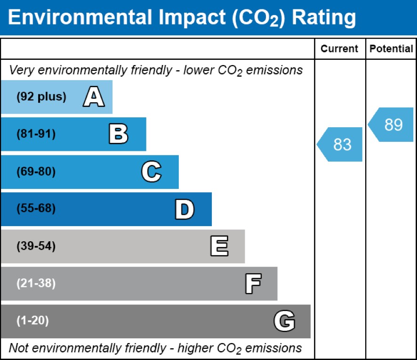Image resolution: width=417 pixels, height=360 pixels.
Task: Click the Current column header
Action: point(339,49)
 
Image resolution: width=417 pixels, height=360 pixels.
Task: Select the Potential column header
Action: point(391,49)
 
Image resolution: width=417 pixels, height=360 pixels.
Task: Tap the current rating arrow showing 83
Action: point(340,144)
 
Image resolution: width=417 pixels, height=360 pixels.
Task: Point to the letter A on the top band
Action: point(93,97)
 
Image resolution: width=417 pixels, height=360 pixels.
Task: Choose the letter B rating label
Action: point(118,134)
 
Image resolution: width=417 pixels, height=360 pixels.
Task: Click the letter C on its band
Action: point(151,172)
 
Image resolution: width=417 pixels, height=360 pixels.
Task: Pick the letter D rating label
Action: point(184,209)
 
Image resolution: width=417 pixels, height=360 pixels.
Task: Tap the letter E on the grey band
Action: point(219,246)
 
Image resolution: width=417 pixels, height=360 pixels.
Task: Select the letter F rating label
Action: point(253,284)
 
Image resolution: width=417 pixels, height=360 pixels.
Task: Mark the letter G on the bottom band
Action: point(284,321)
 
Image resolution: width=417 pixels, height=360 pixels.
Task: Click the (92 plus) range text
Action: point(41,97)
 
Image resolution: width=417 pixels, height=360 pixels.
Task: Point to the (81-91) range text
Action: point(36,134)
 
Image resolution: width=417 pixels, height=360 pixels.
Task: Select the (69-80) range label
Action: point(36,172)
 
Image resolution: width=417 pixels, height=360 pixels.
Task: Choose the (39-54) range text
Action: point(36,246)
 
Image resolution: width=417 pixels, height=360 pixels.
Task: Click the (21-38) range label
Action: point(36,284)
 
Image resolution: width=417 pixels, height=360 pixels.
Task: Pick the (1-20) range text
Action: point(32,321)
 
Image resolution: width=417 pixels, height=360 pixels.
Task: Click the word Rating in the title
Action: point(324,18)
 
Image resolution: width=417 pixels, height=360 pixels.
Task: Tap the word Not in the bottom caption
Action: point(18,348)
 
